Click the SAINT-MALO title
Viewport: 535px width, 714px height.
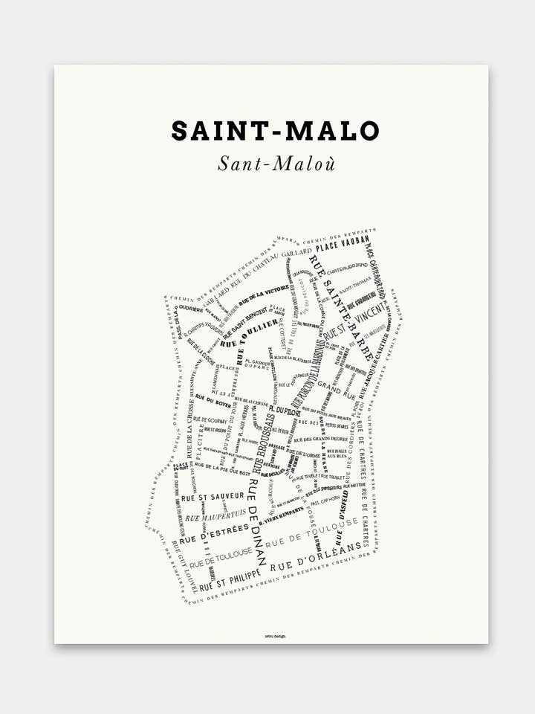[x=275, y=131]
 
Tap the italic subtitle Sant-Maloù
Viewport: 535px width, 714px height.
[x=276, y=164]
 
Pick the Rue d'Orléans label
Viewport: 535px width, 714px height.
[x=320, y=556]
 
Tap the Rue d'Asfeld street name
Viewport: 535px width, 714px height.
[x=343, y=505]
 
